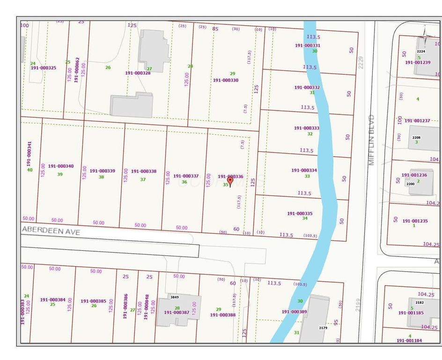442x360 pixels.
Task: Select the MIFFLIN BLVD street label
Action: (x=372, y=140)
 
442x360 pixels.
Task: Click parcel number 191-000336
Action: (x=230, y=176)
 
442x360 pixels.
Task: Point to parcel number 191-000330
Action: (x=226, y=80)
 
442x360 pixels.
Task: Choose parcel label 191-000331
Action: (x=307, y=45)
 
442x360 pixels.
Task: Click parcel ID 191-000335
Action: (x=300, y=213)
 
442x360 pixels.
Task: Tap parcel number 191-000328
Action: (x=138, y=73)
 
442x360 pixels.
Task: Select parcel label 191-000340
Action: (x=60, y=166)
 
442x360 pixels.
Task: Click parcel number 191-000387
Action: (x=177, y=312)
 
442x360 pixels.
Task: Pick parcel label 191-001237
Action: (x=417, y=120)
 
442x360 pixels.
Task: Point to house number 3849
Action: (x=174, y=297)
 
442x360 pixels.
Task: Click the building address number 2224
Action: (x=421, y=52)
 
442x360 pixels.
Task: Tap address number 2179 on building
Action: (x=323, y=328)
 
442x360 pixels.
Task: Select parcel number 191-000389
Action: (x=294, y=311)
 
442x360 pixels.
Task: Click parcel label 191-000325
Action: (x=44, y=68)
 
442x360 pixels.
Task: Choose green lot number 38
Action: (x=101, y=177)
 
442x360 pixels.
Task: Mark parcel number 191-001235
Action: (x=414, y=221)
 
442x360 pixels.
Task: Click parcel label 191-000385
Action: (x=93, y=301)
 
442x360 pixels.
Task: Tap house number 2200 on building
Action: (x=410, y=184)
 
